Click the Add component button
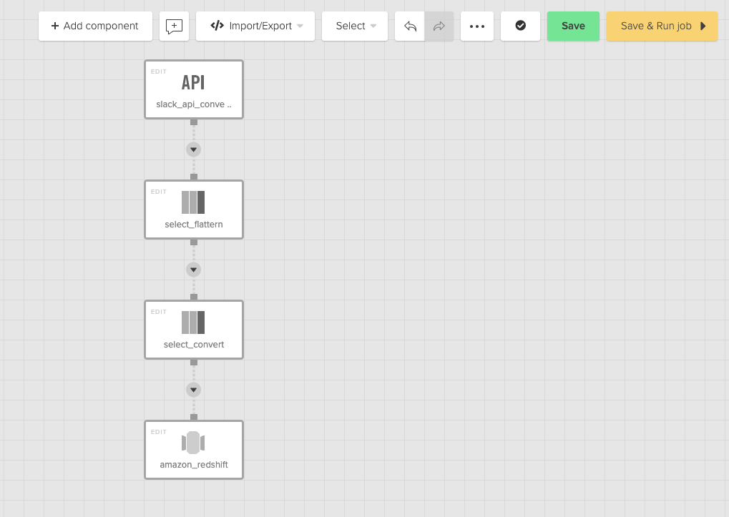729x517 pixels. coord(95,26)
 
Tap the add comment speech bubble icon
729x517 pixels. coord(174,26)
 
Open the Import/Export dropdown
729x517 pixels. coord(255,26)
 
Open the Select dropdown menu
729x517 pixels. coord(355,26)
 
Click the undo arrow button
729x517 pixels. coord(410,26)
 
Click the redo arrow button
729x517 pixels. coord(439,26)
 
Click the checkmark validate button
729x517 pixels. coord(520,26)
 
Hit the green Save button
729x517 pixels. coord(573,26)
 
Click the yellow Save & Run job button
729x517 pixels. coord(662,26)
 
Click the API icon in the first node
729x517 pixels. coord(193,83)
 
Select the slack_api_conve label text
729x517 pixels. coord(193,104)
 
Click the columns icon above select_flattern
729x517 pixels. coord(193,202)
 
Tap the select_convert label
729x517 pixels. coord(193,345)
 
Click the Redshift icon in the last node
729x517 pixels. coord(193,443)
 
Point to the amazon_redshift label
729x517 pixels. coord(193,465)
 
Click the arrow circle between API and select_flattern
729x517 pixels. coord(193,149)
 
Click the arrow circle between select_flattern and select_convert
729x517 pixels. coord(193,270)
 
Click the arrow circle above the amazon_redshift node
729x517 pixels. coord(193,390)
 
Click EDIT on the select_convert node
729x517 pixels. coord(159,312)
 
